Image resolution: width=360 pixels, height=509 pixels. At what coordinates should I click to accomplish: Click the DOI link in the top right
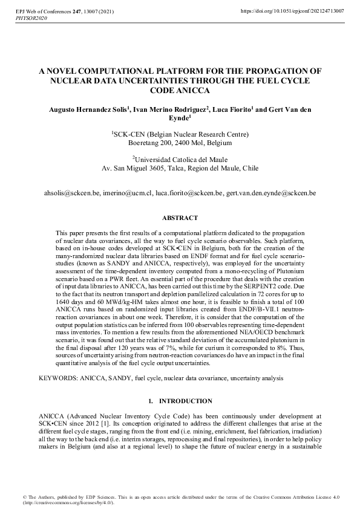292,11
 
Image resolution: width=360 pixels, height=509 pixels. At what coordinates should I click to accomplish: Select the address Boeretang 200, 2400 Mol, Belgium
180,144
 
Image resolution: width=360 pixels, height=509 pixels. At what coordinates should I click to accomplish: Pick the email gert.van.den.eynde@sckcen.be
271,193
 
